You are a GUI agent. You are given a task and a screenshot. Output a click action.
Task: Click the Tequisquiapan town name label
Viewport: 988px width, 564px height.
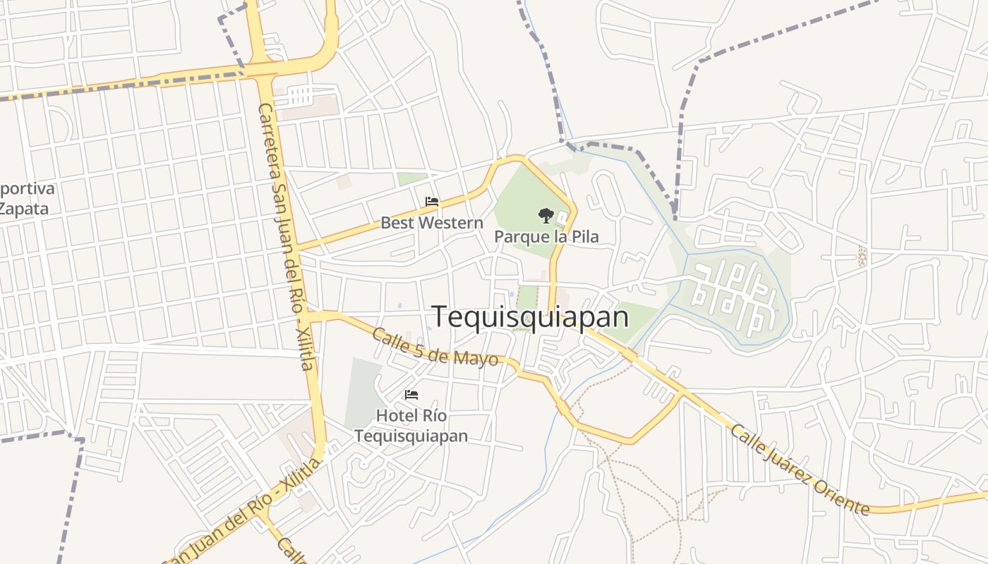coord(530,317)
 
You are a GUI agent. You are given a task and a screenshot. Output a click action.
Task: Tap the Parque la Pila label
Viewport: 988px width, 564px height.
coord(546,236)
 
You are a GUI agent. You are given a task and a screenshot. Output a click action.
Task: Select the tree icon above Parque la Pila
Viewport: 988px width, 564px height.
coord(546,215)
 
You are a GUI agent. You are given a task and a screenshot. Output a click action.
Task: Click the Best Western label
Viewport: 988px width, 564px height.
coord(432,223)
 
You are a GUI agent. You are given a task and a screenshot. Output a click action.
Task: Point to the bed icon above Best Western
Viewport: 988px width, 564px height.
coord(432,202)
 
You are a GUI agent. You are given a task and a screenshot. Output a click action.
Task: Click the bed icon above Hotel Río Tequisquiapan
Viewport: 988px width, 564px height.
coord(411,395)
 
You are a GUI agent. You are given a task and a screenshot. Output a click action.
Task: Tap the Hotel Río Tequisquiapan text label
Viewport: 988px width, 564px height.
coord(411,426)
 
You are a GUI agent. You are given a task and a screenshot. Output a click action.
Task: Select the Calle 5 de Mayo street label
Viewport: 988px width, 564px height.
coord(435,347)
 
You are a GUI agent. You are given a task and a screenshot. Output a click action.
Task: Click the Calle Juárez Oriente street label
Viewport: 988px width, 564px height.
coord(800,469)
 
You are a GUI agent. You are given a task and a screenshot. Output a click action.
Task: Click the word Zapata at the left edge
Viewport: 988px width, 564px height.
coord(24,209)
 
